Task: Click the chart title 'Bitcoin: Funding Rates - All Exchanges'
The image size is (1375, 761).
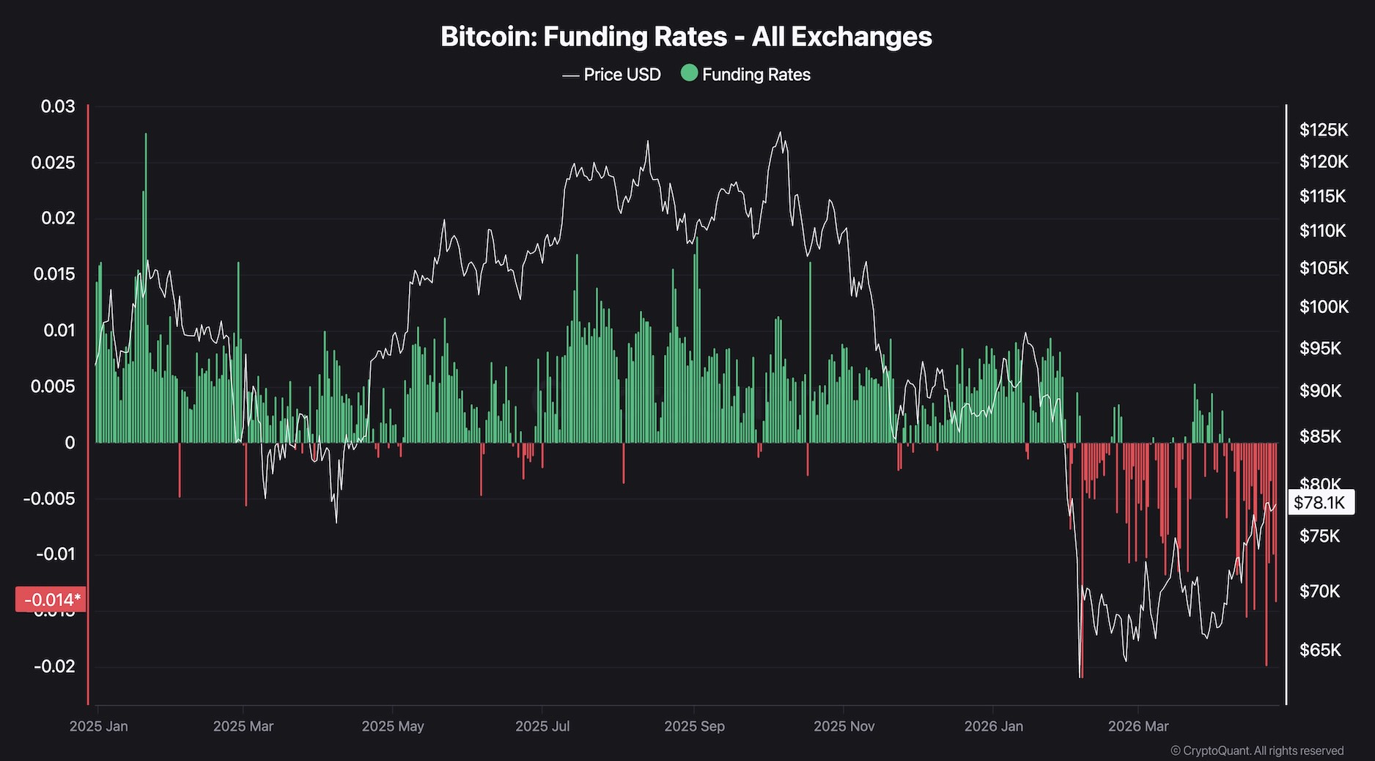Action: click(x=686, y=37)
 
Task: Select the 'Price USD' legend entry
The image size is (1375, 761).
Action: click(x=612, y=75)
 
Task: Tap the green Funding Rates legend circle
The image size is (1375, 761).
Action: click(x=689, y=73)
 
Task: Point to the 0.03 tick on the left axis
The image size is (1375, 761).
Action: click(x=58, y=107)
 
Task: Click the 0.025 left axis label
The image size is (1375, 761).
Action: click(x=54, y=163)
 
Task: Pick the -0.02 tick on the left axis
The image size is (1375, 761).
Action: click(x=54, y=666)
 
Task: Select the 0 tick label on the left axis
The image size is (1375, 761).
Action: click(x=70, y=443)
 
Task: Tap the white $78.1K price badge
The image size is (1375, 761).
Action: click(x=1319, y=502)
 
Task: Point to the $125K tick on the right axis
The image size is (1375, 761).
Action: click(x=1324, y=130)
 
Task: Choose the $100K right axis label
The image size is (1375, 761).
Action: click(x=1324, y=306)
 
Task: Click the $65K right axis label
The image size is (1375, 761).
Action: click(x=1320, y=650)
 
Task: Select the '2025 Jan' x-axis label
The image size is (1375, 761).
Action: click(x=98, y=727)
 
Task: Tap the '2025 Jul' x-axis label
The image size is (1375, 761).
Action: click(x=542, y=727)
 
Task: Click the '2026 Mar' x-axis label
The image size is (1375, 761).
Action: click(x=1138, y=727)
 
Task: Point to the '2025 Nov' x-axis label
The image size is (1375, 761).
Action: click(x=844, y=727)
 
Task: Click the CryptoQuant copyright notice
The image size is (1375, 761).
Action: click(x=1257, y=751)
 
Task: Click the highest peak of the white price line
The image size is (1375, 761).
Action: click(x=781, y=133)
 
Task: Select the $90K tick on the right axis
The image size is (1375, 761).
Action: click(x=1320, y=391)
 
